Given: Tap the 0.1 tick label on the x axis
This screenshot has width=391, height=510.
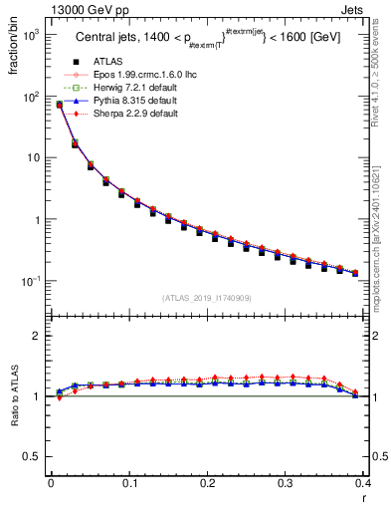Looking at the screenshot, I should [x=129, y=484].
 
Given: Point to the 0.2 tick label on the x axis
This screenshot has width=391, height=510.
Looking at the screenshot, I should [x=207, y=484].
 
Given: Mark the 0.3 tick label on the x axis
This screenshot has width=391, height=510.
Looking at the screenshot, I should [x=285, y=484].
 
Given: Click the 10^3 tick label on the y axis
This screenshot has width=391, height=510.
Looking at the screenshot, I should [x=31, y=35].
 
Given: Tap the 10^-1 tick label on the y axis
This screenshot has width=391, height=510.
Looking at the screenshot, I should [x=31, y=281].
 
